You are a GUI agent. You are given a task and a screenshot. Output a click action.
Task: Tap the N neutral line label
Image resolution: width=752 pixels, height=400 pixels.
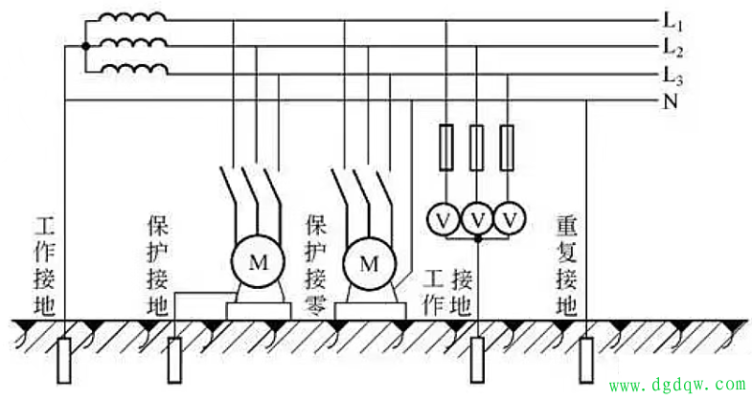pos(670,100)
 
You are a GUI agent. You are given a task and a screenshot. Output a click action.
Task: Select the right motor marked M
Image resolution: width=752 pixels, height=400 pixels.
pos(369,263)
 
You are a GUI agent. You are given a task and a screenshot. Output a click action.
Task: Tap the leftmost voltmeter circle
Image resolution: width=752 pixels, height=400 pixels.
pos(444,219)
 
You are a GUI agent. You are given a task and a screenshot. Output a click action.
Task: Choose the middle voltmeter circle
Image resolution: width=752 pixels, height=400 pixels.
pos(477,219)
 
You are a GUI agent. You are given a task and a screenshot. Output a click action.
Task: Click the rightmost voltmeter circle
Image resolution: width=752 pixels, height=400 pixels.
pos(511,219)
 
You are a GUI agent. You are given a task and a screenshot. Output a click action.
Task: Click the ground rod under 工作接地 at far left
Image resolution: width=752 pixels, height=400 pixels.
pos(64,358)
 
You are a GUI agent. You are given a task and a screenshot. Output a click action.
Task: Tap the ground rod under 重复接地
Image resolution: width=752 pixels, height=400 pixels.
pos(585,358)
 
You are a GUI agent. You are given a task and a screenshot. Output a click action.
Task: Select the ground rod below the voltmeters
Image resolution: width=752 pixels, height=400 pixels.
pos(477,358)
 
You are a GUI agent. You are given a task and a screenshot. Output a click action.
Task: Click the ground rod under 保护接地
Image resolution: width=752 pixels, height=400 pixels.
pos(174,358)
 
